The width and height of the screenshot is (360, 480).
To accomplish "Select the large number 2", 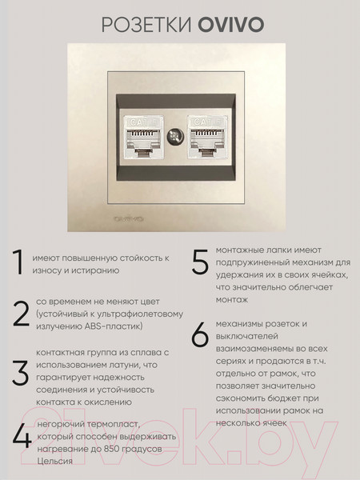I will click(x=21, y=314).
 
